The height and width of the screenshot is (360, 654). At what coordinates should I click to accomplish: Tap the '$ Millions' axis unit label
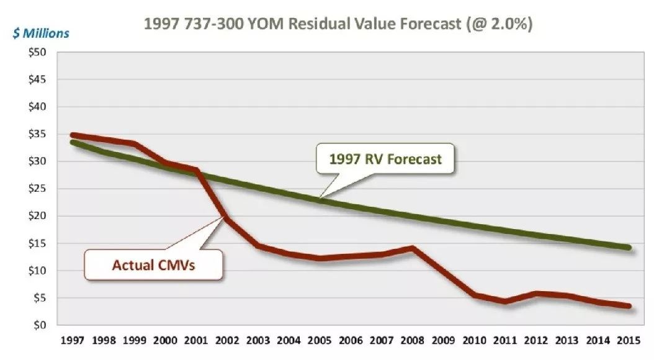[40, 32]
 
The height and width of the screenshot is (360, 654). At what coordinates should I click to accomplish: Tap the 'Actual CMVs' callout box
[155, 265]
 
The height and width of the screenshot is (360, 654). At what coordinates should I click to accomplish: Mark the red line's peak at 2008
[413, 248]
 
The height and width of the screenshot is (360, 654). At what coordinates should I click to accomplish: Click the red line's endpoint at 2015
[629, 306]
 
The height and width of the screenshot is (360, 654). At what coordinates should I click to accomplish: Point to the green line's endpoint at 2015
[629, 247]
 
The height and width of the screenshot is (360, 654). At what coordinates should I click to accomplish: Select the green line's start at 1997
[73, 142]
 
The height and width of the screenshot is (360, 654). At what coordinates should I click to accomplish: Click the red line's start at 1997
[73, 135]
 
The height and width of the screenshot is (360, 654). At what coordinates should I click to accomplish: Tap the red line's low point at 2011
[506, 302]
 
